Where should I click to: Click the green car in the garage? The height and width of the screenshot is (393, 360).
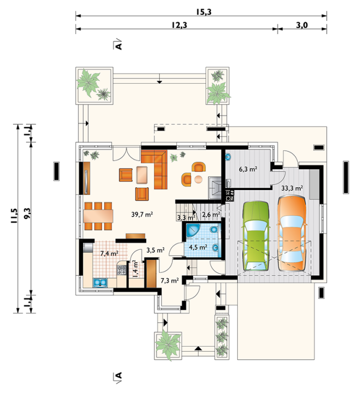[256, 236]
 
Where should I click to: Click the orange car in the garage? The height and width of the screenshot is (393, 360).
[291, 234]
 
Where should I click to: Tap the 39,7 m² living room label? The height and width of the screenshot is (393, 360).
[142, 214]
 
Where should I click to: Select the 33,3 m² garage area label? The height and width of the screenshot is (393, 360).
[292, 188]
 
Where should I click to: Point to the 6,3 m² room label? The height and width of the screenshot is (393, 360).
[248, 169]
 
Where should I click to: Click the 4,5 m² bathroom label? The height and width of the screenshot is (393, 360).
[198, 247]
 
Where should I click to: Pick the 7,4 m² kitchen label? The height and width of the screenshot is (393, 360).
[109, 254]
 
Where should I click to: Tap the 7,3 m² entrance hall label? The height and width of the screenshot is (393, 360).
[170, 280]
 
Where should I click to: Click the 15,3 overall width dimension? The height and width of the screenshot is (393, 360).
[203, 12]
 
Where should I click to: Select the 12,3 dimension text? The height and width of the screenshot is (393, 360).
[179, 25]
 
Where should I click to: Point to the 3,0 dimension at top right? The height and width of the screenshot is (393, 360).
[302, 25]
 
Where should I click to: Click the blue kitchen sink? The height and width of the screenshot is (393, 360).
[101, 283]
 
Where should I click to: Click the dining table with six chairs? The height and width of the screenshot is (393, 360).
[98, 216]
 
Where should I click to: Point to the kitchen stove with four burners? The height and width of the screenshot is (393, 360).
[122, 270]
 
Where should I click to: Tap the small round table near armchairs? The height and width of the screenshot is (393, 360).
[198, 179]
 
